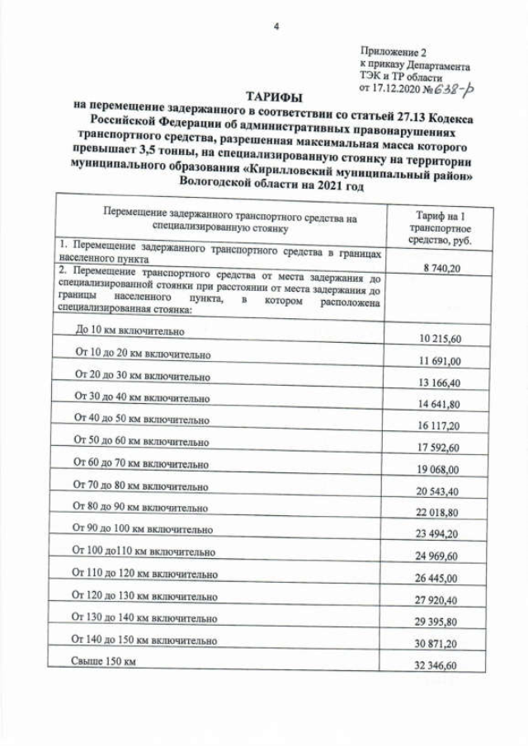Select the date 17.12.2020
393,86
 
